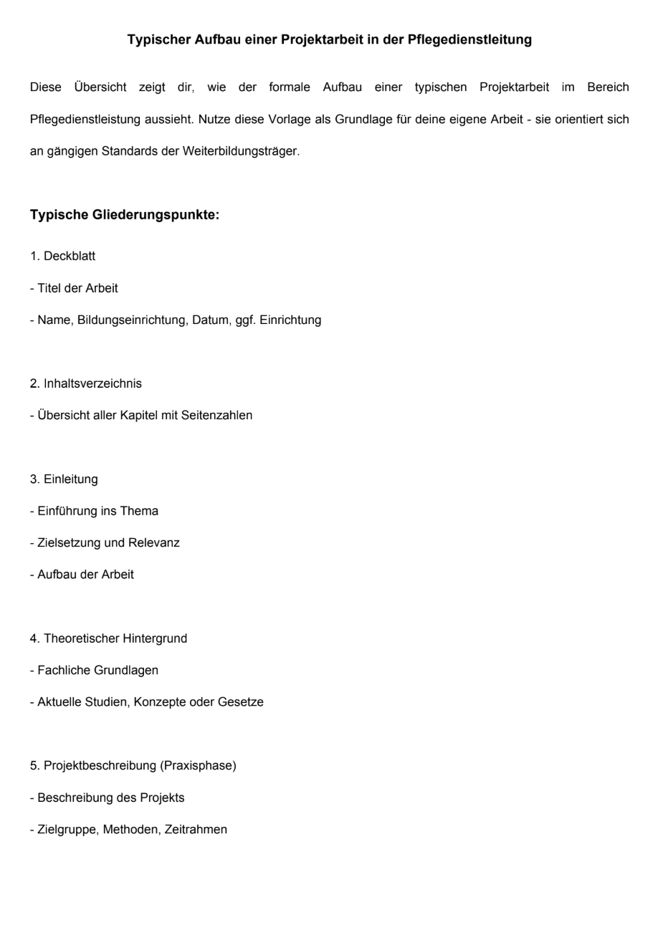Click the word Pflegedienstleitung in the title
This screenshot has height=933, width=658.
click(x=469, y=40)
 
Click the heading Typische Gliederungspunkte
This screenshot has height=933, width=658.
click(x=125, y=215)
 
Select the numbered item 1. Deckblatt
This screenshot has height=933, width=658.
click(x=63, y=257)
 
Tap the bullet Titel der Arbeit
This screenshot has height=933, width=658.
click(x=75, y=288)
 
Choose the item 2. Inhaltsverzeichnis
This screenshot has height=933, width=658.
click(x=86, y=383)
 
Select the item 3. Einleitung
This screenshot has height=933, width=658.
click(x=64, y=479)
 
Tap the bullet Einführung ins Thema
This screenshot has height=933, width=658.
click(x=95, y=511)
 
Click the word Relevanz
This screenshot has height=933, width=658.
click(x=154, y=542)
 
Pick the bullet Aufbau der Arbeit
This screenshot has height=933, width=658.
click(x=82, y=575)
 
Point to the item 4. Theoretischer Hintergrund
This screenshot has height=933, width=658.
click(x=109, y=638)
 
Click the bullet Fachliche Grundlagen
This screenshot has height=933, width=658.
click(x=95, y=670)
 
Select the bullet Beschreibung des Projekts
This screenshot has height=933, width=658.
click(x=108, y=798)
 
